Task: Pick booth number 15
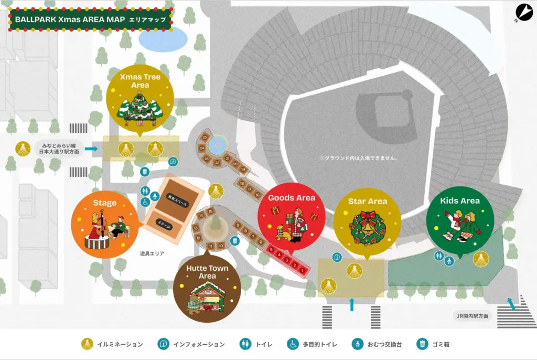[x=210, y=211]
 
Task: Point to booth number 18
[x=242, y=183]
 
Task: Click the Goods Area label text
[x=292, y=198]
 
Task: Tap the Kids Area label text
[x=460, y=200]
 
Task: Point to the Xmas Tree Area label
[x=140, y=81]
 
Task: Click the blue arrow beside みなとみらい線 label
[x=91, y=149]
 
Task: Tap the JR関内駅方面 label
[x=472, y=316]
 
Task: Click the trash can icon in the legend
[x=423, y=344]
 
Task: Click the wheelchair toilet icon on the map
[x=145, y=202]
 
